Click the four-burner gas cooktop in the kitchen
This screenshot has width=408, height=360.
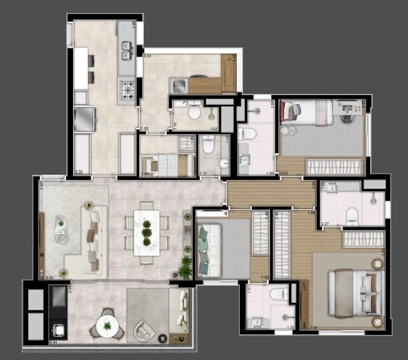coord(128,91)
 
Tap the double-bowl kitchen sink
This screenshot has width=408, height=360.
coord(126,50)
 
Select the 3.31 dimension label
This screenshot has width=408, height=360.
coord(147,57)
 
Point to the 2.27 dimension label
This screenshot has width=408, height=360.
coord(325,223)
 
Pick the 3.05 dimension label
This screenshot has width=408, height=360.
coord(284,173)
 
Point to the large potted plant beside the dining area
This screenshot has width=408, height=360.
coord(186,267)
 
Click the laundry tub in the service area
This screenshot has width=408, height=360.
coord(179,84)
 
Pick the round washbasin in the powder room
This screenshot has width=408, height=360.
coord(224,164)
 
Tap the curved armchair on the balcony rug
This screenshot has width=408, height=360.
coord(146,330)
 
